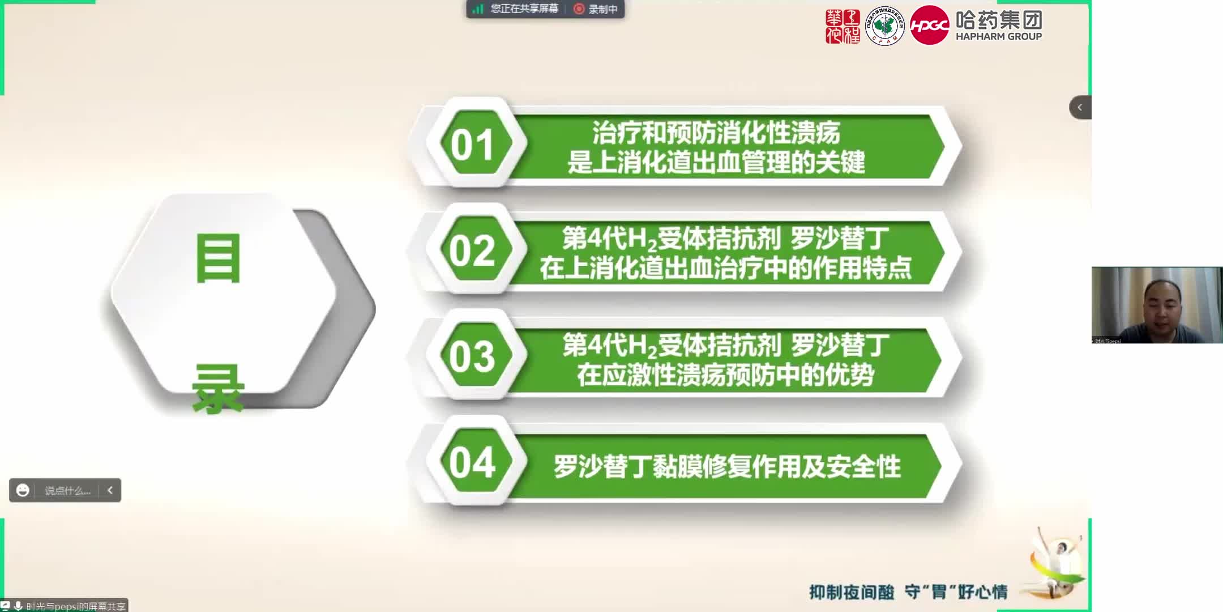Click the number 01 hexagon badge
(x=473, y=144)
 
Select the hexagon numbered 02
(x=473, y=250)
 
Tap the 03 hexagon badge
(x=473, y=356)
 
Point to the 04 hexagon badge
(x=473, y=462)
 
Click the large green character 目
(x=218, y=259)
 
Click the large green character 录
(x=218, y=389)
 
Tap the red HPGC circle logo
(x=929, y=25)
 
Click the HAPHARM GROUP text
(x=999, y=36)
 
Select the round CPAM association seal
(x=885, y=26)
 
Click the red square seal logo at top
(x=843, y=26)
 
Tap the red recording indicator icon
(x=579, y=9)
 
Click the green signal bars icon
(x=478, y=9)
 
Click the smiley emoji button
(x=23, y=490)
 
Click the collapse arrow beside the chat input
(x=110, y=490)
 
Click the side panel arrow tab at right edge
(x=1080, y=107)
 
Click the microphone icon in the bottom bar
(x=18, y=606)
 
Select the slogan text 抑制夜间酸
(x=852, y=592)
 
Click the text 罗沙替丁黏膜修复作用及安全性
(x=727, y=466)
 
